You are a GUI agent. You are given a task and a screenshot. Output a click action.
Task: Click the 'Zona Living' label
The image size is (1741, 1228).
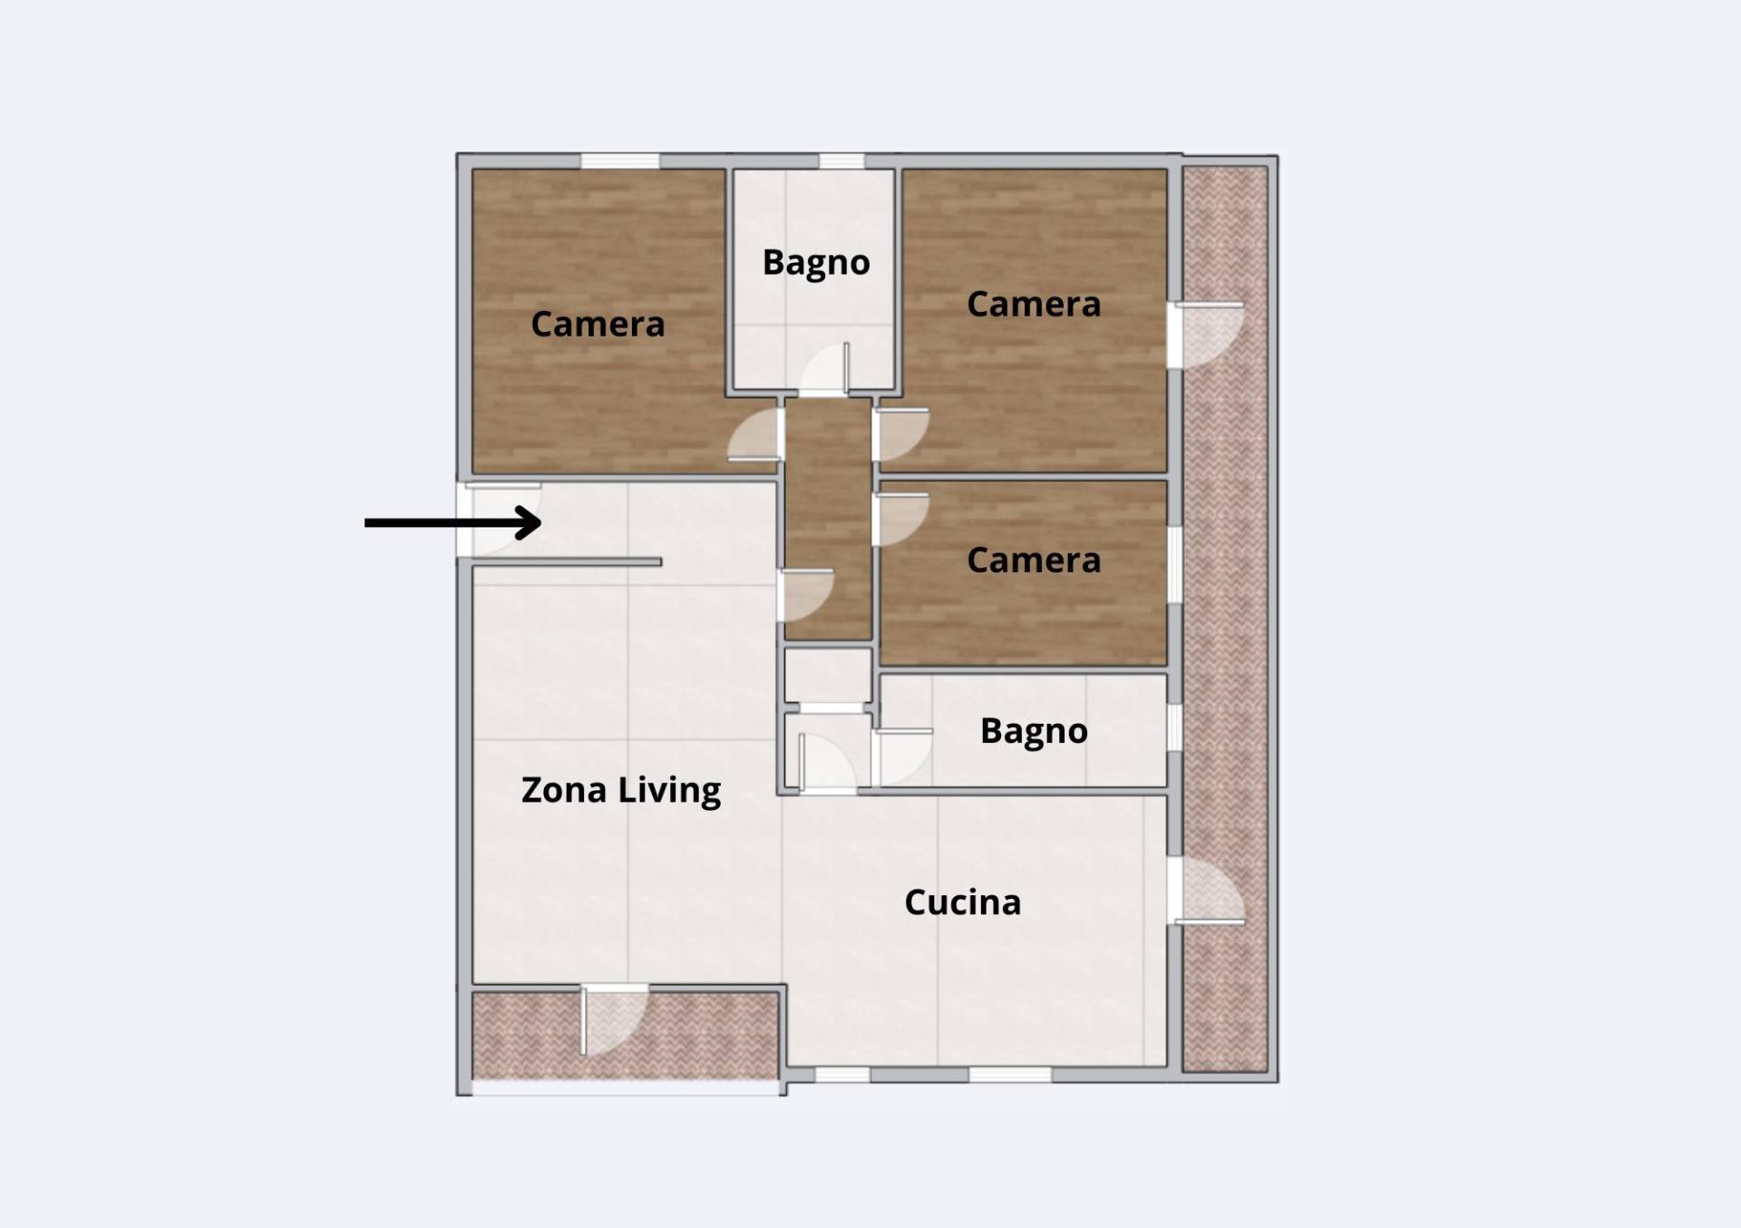[x=621, y=790]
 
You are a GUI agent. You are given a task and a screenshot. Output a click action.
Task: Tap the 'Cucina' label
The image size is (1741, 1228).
[x=963, y=902]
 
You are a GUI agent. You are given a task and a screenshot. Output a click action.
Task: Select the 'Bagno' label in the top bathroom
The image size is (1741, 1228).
[x=816, y=263]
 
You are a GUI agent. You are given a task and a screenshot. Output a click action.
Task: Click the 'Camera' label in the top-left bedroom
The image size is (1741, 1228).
[x=598, y=324]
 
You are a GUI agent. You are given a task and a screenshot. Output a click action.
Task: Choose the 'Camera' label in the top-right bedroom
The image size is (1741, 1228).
[x=1034, y=304]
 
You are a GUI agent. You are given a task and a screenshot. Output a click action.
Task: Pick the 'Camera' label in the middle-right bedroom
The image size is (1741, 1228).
[x=1034, y=560]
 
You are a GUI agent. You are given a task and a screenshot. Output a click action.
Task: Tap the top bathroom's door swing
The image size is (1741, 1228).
[x=824, y=369]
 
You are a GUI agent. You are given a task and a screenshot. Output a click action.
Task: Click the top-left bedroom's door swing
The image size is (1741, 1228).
[x=754, y=434]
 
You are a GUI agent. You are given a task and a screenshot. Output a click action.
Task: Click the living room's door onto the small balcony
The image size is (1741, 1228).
[x=615, y=1020]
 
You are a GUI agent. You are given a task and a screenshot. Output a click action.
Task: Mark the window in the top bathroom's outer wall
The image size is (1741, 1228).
[x=841, y=161]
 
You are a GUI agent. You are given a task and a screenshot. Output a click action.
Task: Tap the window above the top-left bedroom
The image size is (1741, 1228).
[x=620, y=161]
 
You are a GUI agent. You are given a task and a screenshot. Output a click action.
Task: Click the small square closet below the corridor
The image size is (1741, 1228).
[x=828, y=675]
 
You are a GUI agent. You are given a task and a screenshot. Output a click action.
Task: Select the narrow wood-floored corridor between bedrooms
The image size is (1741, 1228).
[x=828, y=519]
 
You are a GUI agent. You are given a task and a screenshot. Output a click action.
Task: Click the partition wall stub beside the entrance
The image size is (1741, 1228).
[x=567, y=563]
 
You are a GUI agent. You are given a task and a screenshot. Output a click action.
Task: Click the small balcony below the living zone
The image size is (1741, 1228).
[x=626, y=1036]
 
